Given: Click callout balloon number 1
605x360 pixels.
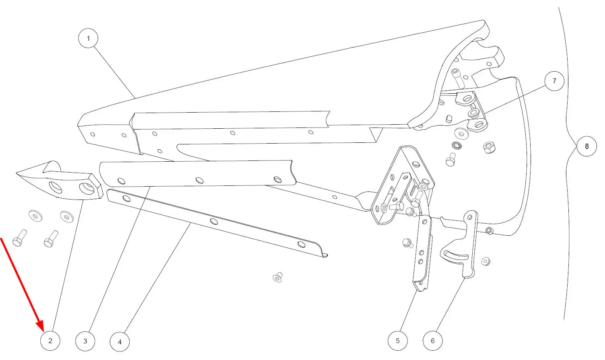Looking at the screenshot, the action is pos(88,39).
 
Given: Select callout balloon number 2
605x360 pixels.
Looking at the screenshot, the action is pos(50,341).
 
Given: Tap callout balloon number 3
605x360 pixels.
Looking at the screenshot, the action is pos(85,341).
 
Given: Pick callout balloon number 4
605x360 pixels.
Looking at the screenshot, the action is pos(119,342).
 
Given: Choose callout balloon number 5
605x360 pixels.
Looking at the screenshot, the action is pos(397,341).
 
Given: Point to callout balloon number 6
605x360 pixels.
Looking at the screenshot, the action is pos(432,341).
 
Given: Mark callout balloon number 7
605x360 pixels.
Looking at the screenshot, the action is pos(554,81).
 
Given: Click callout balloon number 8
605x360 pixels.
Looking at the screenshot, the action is pos(586,146).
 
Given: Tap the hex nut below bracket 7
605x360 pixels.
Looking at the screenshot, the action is pos(489,147).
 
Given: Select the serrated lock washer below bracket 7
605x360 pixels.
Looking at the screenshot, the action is pos(457,145).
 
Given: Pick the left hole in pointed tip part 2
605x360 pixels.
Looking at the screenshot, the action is pos(55,186).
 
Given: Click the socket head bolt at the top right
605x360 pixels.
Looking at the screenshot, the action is pos(457,78).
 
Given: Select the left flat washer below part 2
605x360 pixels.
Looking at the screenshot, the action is pos(36,216).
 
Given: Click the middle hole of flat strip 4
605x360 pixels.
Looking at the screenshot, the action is pos(214,221).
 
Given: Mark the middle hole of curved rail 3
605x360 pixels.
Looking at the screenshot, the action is pos(199,180).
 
